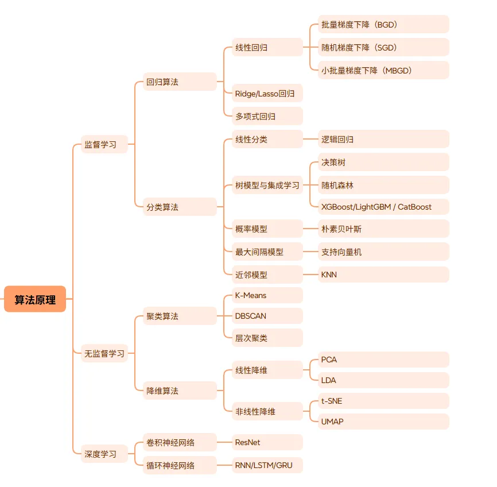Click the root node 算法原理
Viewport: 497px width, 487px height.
35,299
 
